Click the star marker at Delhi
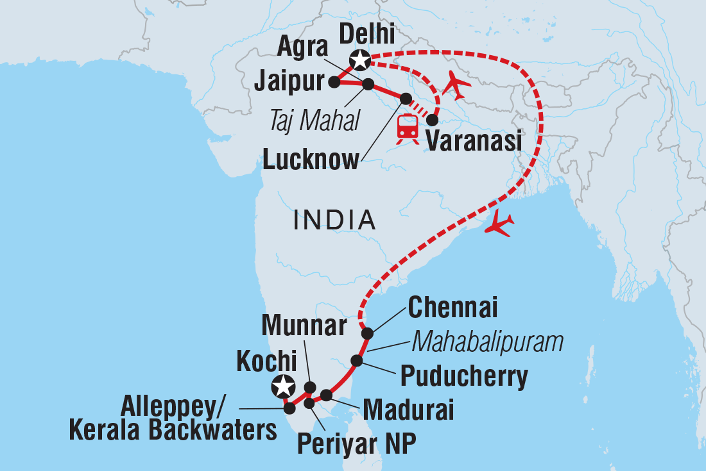coord(359,61)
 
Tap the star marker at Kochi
coord(283,386)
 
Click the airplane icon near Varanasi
coord(456,85)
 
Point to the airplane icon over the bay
coord(500,224)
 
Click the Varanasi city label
coord(474,141)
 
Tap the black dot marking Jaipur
coord(334,82)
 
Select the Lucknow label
coord(311,160)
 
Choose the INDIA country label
coord(334,220)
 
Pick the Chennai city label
coord(452,309)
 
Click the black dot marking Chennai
coord(367,333)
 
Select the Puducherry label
coord(464,377)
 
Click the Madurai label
coord(408,409)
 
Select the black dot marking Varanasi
coord(433,120)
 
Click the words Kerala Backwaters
coord(173,430)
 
